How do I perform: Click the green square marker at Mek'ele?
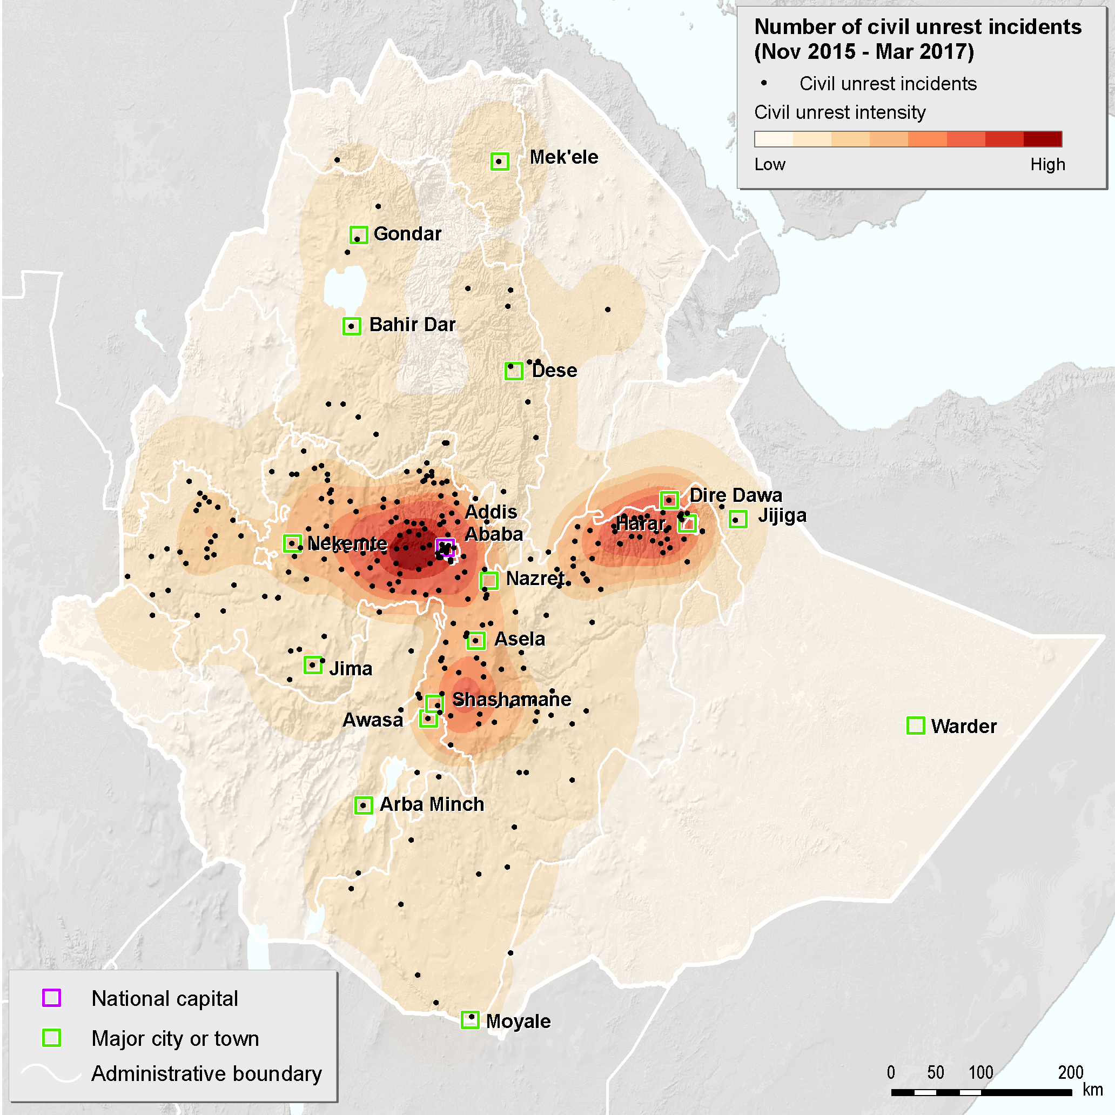point(500,161)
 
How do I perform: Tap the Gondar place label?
point(407,234)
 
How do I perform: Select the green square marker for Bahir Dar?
point(352,326)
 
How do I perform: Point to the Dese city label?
point(554,371)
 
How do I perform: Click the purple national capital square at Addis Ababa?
point(446,547)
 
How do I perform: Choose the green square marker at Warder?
point(916,726)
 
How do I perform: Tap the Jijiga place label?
point(782,515)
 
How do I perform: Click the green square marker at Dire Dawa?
point(669,500)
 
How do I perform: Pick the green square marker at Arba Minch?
point(363,805)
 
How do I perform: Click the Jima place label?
point(350,668)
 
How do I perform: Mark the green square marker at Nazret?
point(489,580)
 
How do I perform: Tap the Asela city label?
point(519,639)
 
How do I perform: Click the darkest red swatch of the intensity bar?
point(1042,139)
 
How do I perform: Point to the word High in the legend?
point(1047,164)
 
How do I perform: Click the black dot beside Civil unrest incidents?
point(764,83)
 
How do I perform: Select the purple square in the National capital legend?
point(51,998)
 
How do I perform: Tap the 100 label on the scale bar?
point(980,1072)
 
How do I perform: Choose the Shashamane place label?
point(512,699)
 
